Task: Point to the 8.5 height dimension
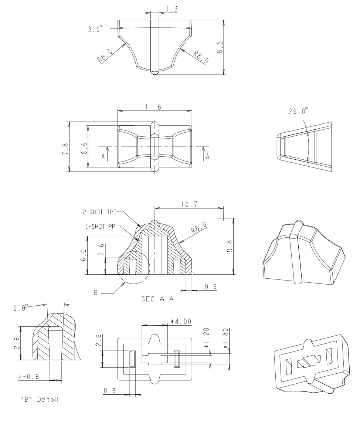pyautogui.click(x=221, y=47)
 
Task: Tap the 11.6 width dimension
pyautogui.click(x=154, y=106)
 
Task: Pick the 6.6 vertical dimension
pyautogui.click(x=85, y=147)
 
